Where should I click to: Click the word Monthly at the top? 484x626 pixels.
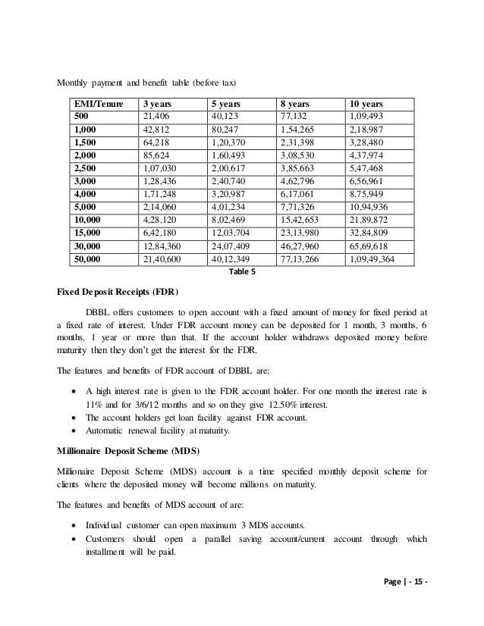74,83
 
